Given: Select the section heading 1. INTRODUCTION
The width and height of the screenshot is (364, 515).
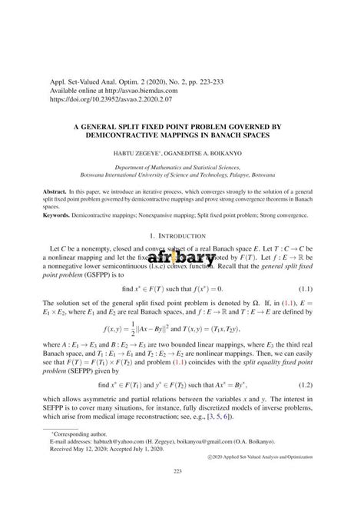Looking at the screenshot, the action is click(182, 237).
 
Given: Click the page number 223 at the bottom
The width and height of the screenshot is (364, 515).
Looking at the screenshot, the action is click(182, 493).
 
